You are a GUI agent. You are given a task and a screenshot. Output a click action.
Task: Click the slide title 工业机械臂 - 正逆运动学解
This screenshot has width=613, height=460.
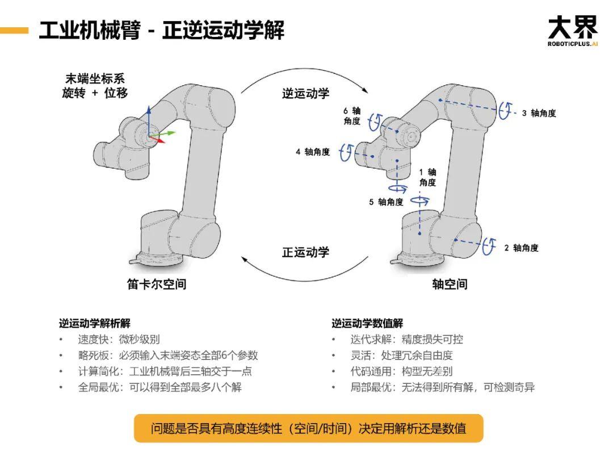[x=161, y=30]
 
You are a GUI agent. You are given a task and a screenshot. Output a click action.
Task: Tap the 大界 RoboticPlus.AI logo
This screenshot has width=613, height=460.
[x=573, y=31]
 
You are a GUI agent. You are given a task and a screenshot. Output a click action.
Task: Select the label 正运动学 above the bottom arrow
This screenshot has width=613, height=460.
[x=305, y=252]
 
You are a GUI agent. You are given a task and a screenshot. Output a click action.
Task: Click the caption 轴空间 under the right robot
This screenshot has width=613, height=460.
[x=450, y=284]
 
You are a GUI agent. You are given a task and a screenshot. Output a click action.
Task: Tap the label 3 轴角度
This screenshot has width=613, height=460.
[x=539, y=113]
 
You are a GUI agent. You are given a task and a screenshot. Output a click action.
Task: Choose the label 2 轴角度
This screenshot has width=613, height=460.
[x=521, y=248]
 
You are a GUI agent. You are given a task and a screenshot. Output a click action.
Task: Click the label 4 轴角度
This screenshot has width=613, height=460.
[x=313, y=152]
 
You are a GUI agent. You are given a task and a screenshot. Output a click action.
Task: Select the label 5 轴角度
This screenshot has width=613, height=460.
[x=387, y=202]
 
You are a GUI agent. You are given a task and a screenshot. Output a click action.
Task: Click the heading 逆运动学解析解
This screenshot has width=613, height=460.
[x=94, y=323]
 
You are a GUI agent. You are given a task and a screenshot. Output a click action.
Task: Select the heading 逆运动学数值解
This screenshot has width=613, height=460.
[x=367, y=323]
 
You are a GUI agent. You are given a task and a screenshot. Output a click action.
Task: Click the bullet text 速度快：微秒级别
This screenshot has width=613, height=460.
[x=119, y=340]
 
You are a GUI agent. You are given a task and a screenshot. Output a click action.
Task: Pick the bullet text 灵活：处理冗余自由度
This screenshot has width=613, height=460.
[x=401, y=356]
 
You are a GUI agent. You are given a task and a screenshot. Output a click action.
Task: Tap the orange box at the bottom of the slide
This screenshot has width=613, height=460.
[x=308, y=428]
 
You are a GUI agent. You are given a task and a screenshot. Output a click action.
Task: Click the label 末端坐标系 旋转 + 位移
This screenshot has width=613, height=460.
[x=95, y=86]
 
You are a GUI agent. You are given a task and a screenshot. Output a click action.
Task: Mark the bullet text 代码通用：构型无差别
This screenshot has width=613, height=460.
[x=401, y=371]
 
